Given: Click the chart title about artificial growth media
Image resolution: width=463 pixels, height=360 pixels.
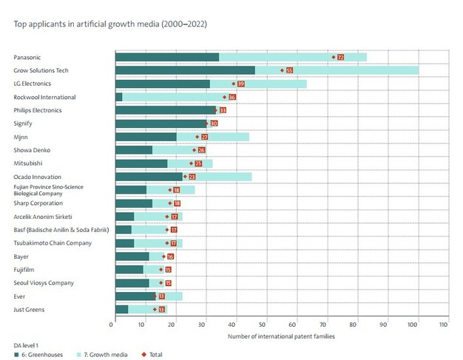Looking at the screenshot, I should (110, 24).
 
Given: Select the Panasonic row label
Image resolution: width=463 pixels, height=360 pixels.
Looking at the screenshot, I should (28, 57).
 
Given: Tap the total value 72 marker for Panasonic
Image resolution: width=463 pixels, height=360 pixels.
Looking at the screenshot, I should (340, 57).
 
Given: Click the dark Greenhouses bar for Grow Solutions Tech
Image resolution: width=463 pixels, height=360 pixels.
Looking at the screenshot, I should (185, 70).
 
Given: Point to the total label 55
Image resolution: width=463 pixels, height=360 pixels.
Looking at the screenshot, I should (289, 70).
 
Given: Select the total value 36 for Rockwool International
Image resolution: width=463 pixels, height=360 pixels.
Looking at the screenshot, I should (232, 97).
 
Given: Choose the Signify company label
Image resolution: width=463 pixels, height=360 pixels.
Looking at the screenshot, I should (24, 123).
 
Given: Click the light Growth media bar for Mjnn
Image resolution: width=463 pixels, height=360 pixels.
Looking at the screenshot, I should (229, 137).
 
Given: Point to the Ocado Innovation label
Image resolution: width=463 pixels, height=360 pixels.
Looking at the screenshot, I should (38, 177).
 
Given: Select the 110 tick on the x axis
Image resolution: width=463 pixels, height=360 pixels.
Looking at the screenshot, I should (444, 324).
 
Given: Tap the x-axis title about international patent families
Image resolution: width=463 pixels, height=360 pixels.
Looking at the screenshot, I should (281, 336).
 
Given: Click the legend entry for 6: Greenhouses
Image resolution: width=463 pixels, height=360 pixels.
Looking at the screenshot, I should (38, 354).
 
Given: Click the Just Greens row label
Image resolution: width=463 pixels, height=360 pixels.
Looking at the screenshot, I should (28, 309).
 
